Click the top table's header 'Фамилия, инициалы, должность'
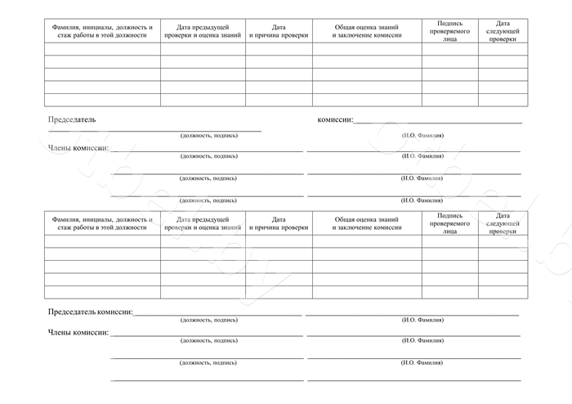(x=102, y=31)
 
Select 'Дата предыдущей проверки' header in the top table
(x=203, y=31)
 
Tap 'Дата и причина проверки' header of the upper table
(x=279, y=31)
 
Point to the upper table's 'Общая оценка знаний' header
(x=367, y=31)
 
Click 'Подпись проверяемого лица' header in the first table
(x=450, y=31)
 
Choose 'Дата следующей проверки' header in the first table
(x=503, y=31)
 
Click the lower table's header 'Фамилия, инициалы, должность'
(x=102, y=223)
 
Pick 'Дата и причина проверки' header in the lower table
(x=279, y=223)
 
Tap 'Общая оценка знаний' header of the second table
(x=367, y=223)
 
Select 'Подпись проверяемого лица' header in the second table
(x=450, y=223)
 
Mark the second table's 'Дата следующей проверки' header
(x=503, y=223)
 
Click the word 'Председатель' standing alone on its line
(x=72, y=119)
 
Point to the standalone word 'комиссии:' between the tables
(x=335, y=119)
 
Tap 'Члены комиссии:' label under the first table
(x=78, y=148)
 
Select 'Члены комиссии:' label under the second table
(x=78, y=333)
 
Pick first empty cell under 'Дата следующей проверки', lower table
(x=503, y=241)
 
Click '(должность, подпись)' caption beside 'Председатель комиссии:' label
(x=208, y=320)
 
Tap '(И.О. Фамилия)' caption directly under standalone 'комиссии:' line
(x=422, y=135)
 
